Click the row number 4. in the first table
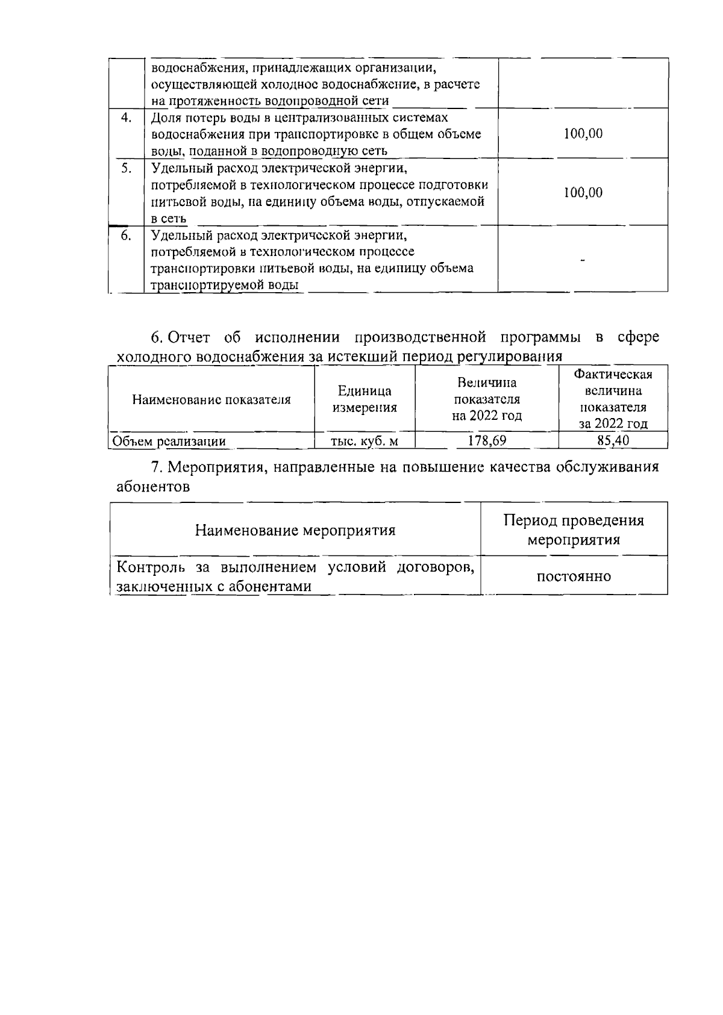click(x=126, y=117)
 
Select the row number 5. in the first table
click(x=126, y=168)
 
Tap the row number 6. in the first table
click(x=126, y=235)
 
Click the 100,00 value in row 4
click(x=583, y=134)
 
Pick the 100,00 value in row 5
click(x=583, y=193)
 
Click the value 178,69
click(x=487, y=441)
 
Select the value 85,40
click(x=613, y=441)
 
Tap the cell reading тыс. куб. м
click(x=365, y=442)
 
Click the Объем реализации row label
click(x=170, y=442)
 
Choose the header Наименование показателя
click(x=211, y=399)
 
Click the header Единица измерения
click(x=365, y=399)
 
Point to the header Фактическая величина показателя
click(x=613, y=399)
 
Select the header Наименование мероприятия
click(x=295, y=531)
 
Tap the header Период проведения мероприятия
click(x=574, y=529)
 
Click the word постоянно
click(x=574, y=576)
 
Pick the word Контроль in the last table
click(x=150, y=567)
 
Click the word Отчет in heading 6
click(x=189, y=337)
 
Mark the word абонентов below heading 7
click(x=153, y=487)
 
